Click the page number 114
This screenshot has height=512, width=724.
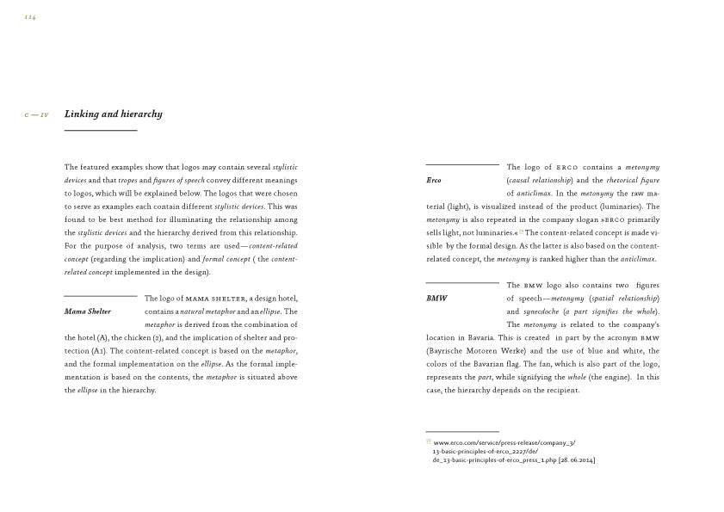tap(30, 17)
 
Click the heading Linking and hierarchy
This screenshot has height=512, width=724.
tap(113, 114)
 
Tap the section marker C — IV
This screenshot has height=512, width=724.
tap(36, 115)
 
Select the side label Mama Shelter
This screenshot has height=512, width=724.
tap(88, 312)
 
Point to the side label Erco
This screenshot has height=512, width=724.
tap(434, 181)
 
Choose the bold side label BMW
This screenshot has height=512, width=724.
tap(436, 299)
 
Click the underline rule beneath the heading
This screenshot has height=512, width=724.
tap(101, 130)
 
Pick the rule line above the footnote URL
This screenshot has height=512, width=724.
tap(462, 431)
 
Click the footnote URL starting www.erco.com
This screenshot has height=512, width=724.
tap(504, 443)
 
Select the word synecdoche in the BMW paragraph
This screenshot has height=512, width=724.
tap(541, 312)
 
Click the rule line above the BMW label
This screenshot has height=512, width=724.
tap(462, 282)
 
